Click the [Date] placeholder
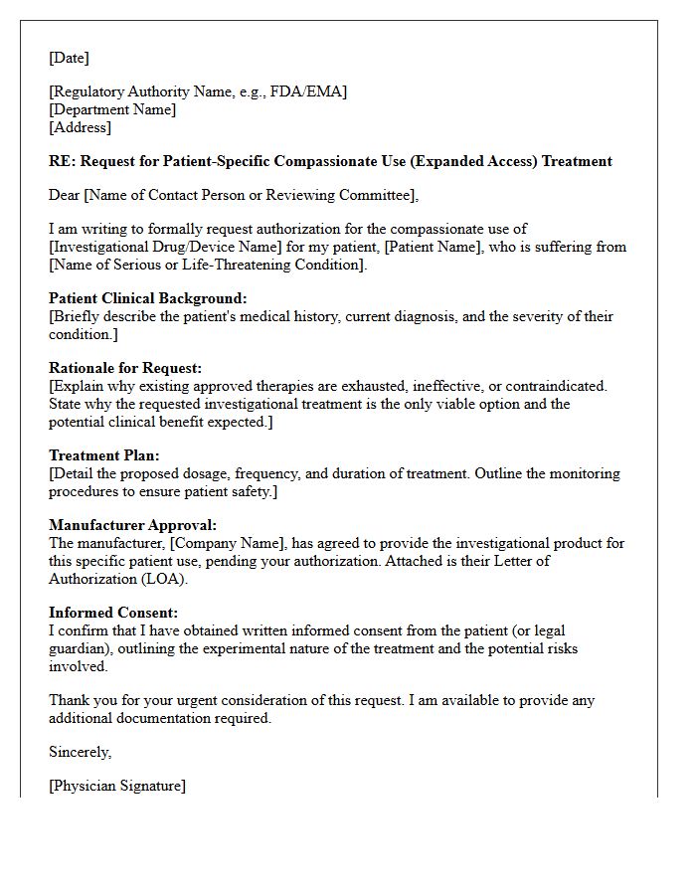click(69, 58)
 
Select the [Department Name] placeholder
click(112, 109)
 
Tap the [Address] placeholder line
click(81, 127)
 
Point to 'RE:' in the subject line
click(62, 161)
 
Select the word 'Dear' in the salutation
click(65, 195)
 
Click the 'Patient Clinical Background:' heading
click(148, 298)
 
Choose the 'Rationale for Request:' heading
click(125, 368)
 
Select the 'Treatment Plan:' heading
click(100, 455)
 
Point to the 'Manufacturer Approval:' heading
click(132, 525)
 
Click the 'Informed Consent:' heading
click(113, 613)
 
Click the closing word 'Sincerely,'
click(81, 752)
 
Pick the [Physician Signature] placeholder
click(117, 786)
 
